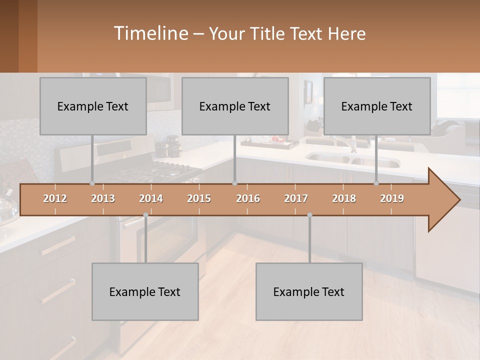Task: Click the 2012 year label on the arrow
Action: point(55,198)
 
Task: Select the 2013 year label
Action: point(103,198)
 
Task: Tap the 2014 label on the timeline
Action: point(151,198)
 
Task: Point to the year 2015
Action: point(199,198)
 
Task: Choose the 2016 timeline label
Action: point(248,198)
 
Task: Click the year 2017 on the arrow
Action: point(296,198)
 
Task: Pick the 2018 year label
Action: point(344,198)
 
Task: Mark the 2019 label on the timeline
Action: point(392,198)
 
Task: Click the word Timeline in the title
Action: point(150,33)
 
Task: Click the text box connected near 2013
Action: point(93,106)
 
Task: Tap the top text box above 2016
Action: point(235,106)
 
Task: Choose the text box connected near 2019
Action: point(377,106)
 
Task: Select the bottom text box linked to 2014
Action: point(145,291)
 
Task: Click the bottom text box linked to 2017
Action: point(309,291)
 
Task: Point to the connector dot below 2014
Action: point(145,215)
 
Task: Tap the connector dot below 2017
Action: point(309,215)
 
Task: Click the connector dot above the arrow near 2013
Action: point(92,183)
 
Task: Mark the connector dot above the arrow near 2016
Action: point(235,183)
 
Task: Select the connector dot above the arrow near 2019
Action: point(376,183)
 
